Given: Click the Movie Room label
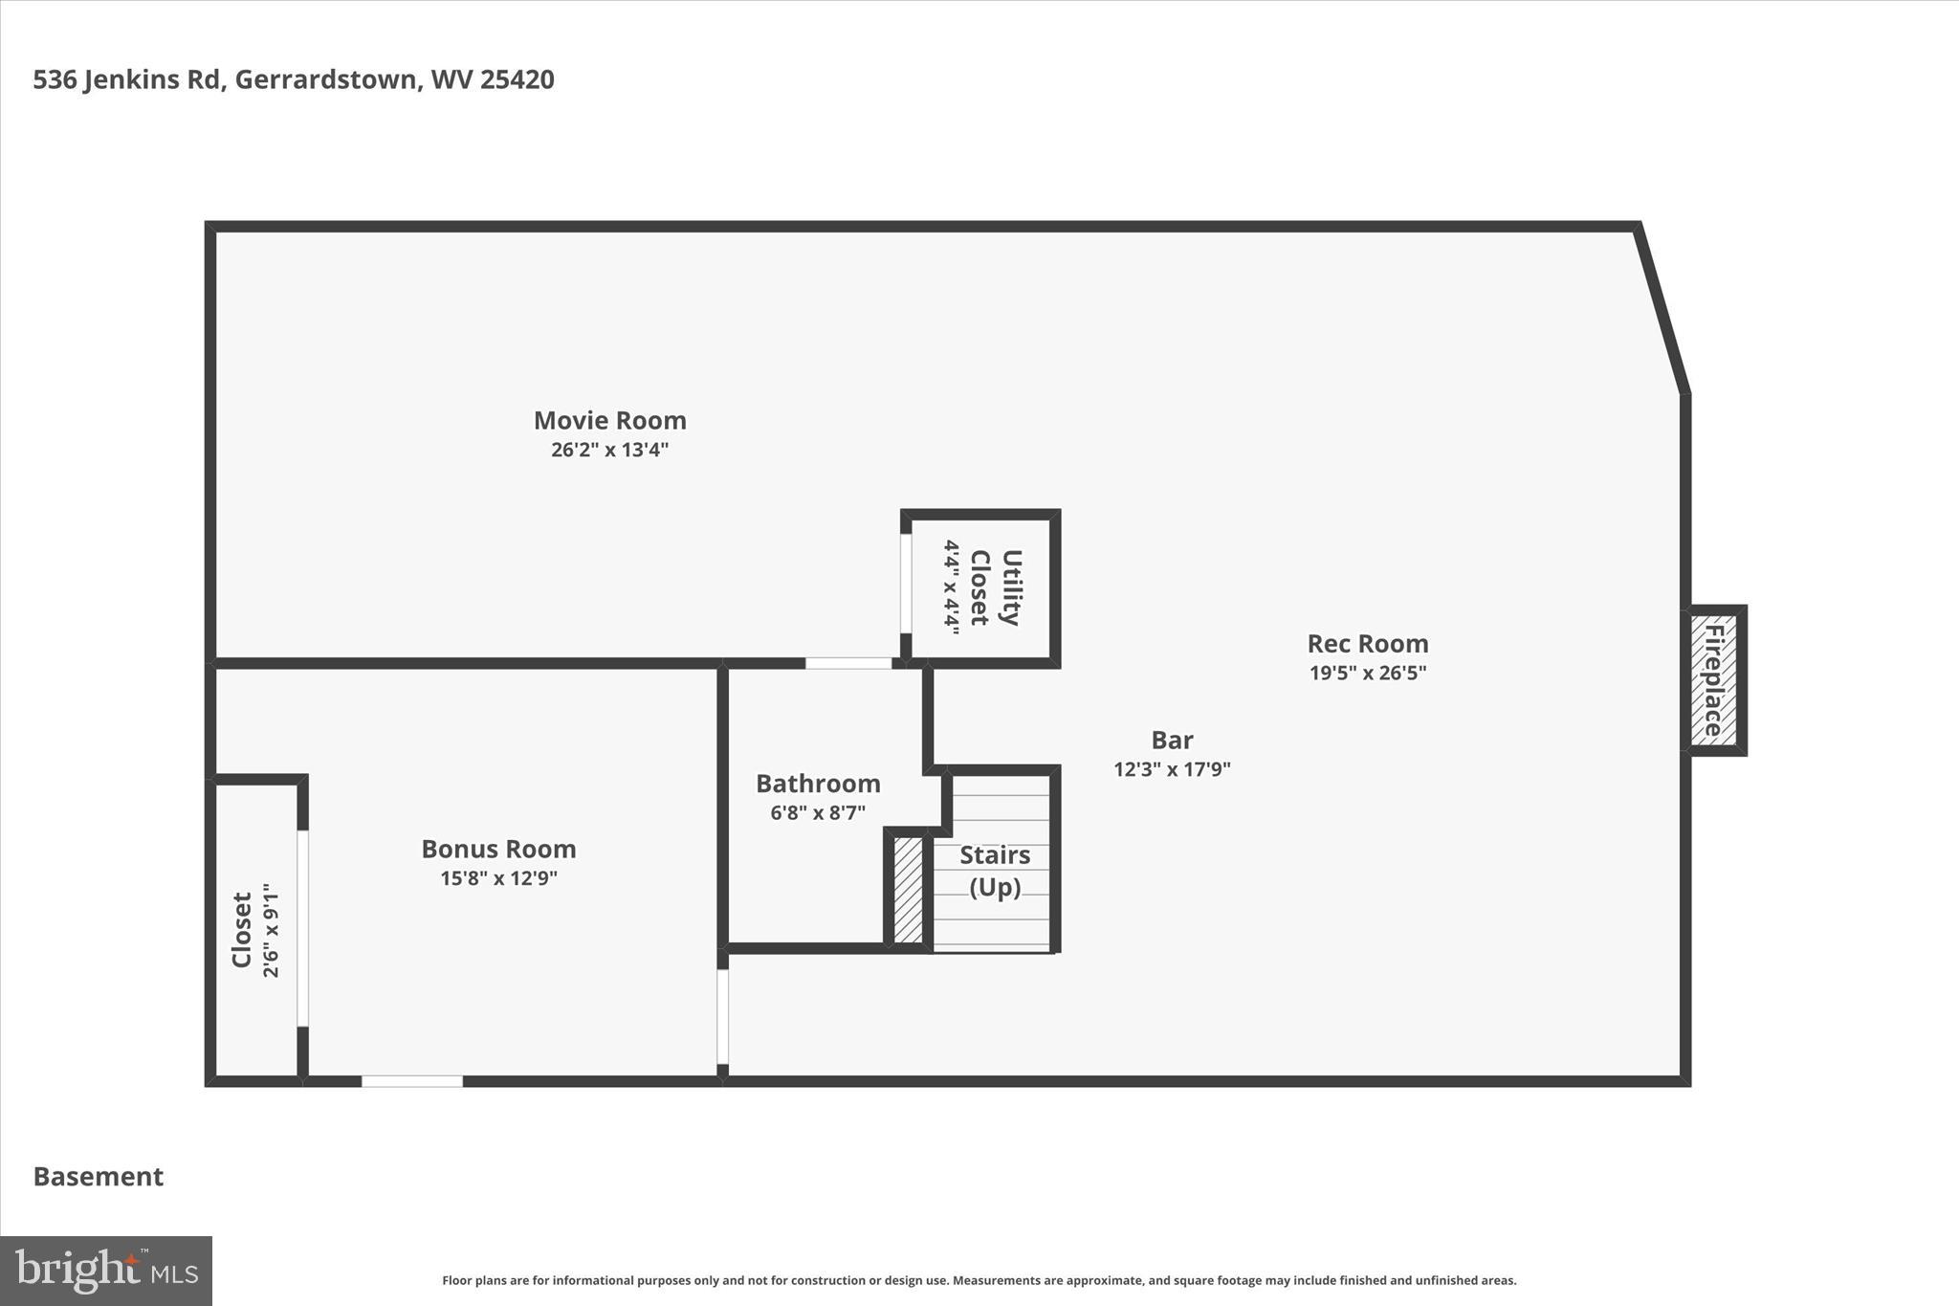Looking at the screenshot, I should pos(609,420).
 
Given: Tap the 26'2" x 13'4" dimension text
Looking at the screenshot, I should pos(609,450).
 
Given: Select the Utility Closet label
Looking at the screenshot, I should pos(995,587).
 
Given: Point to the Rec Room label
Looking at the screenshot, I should pos(1367,643).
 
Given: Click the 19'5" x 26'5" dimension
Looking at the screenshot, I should pos(1367,673).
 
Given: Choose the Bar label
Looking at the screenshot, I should pos(1172,740).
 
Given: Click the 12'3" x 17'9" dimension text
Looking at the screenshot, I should pos(1172,769).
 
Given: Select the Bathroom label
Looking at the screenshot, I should pos(818,784).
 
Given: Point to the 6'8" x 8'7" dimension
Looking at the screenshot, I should pos(818,813).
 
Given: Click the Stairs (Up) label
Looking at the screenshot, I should pos(995,871).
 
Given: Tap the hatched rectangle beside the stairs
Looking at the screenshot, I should pos(908,890).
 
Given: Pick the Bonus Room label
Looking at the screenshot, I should pos(498,849).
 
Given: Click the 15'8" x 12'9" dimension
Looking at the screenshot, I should pos(498,878).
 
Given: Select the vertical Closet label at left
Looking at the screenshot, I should pos(242,930).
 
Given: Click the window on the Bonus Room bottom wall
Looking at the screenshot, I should pos(412,1081).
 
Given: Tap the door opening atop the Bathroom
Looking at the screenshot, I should pos(847,663).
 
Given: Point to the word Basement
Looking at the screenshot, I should pos(99,1176).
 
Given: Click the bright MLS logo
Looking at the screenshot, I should pos(105,1271).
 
